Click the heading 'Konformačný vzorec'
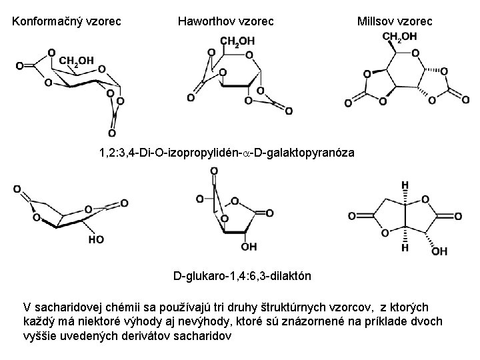click(67, 21)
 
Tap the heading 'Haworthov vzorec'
click(226, 21)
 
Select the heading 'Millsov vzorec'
click(395, 21)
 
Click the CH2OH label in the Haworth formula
click(237, 41)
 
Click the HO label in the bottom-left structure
click(95, 238)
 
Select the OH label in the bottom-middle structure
click(248, 247)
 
